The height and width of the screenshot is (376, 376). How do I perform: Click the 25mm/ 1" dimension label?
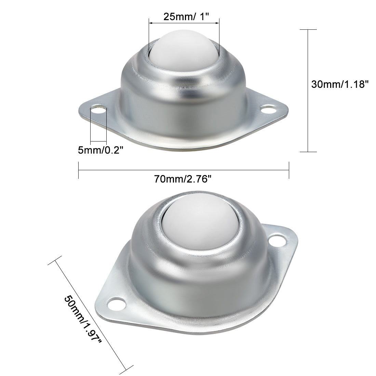[186, 17]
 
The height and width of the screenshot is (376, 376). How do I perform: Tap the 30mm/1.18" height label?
[340, 84]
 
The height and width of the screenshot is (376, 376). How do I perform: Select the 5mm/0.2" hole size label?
[100, 150]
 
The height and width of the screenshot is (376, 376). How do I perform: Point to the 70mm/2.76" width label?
[183, 179]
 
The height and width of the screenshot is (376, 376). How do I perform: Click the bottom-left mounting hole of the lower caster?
[117, 304]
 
